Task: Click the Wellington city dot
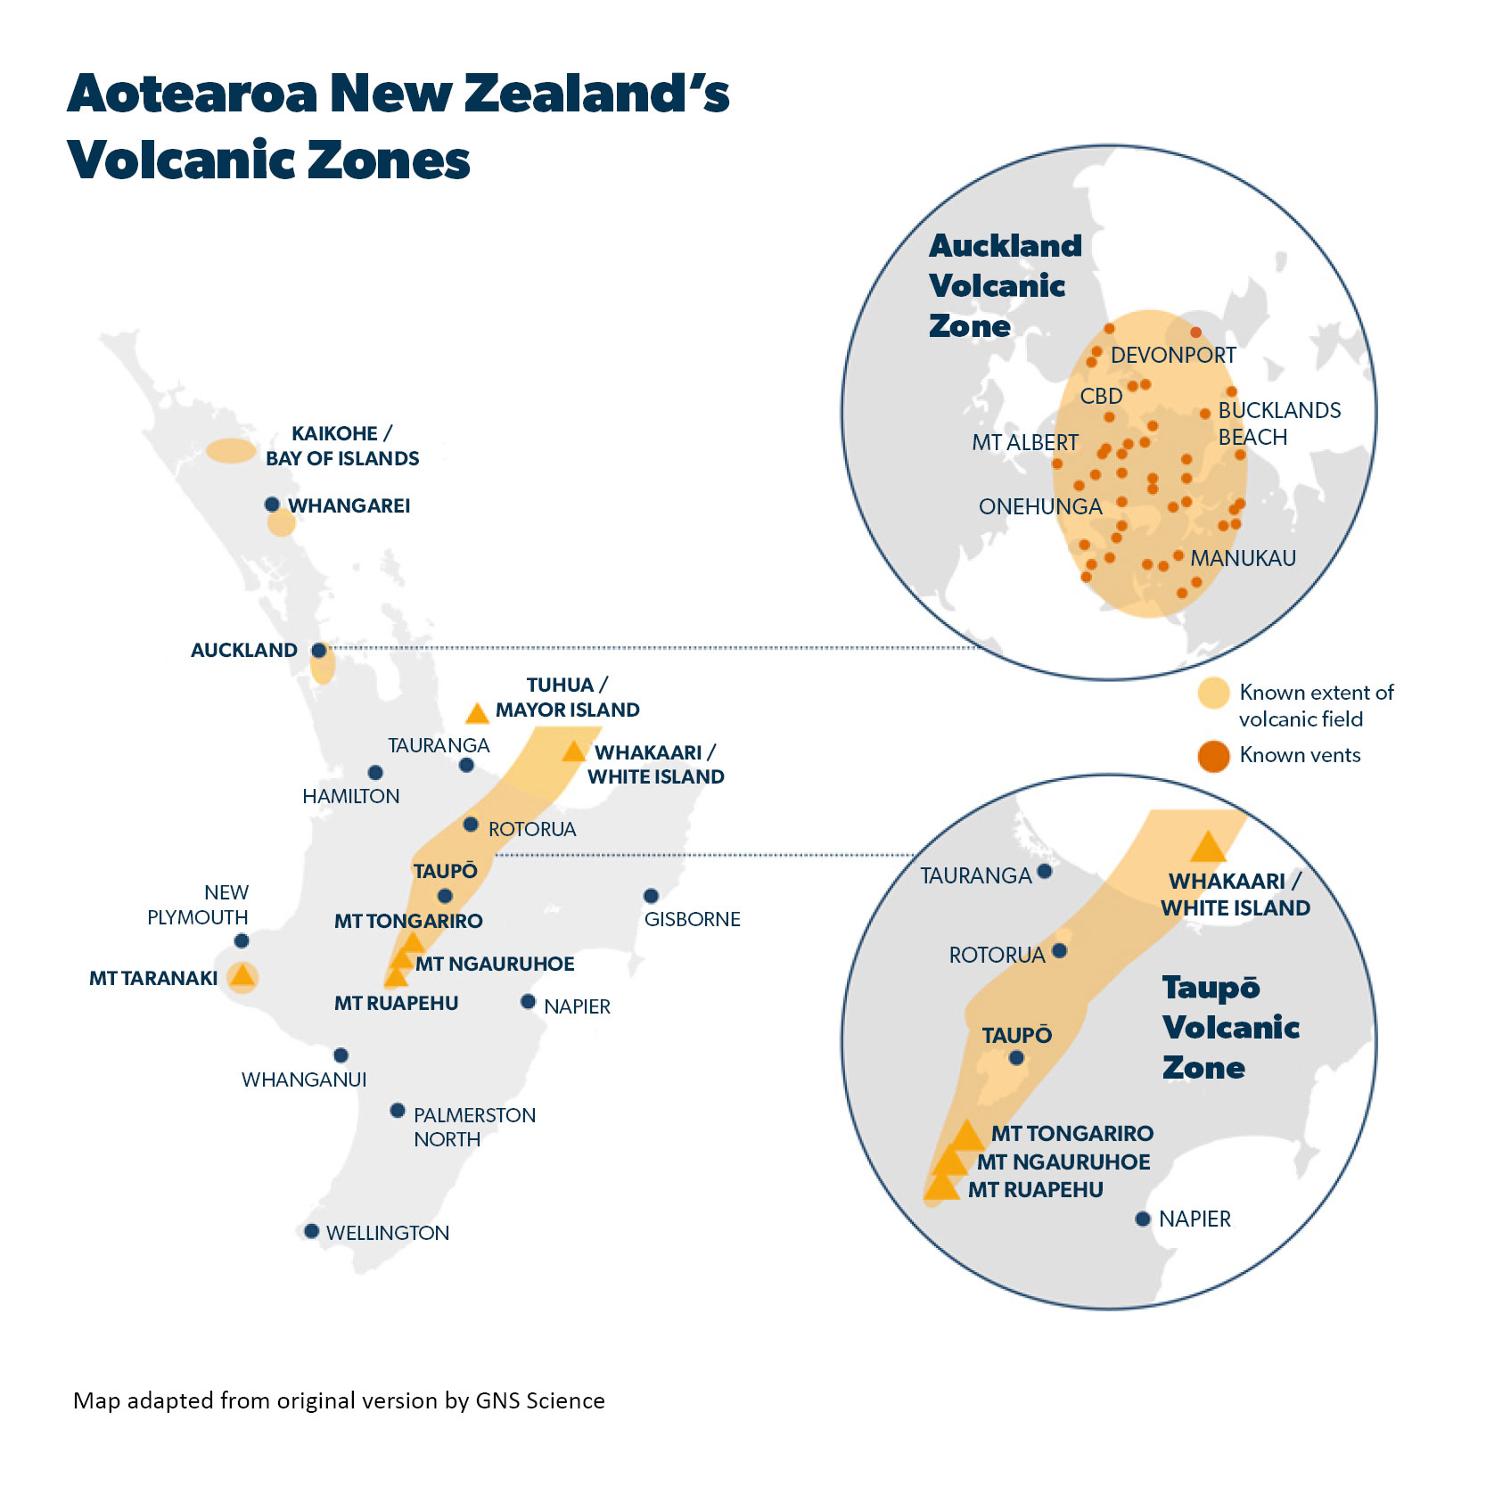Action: pos(311,1231)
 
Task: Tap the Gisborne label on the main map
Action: pos(692,919)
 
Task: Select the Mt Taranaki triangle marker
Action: pos(242,976)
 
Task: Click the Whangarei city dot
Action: pos(272,505)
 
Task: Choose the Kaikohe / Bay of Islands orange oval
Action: pos(231,450)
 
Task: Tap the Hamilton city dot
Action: pos(375,772)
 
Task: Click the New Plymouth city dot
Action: pos(241,940)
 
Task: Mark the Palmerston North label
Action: pos(474,1127)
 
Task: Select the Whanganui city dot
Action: pos(341,1055)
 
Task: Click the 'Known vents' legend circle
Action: pos(1213,756)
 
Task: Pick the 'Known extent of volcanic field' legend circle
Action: pos(1213,693)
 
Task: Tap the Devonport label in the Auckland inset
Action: pos(1173,355)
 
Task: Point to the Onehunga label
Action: pos(1040,506)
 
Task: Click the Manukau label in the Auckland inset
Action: pos(1243,558)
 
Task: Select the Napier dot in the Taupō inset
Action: pos(1143,1219)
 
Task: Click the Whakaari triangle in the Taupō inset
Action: pos(1208,848)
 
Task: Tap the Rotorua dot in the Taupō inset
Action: pos(1059,950)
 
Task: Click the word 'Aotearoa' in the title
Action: pos(193,94)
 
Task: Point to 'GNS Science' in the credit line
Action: pos(540,1400)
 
